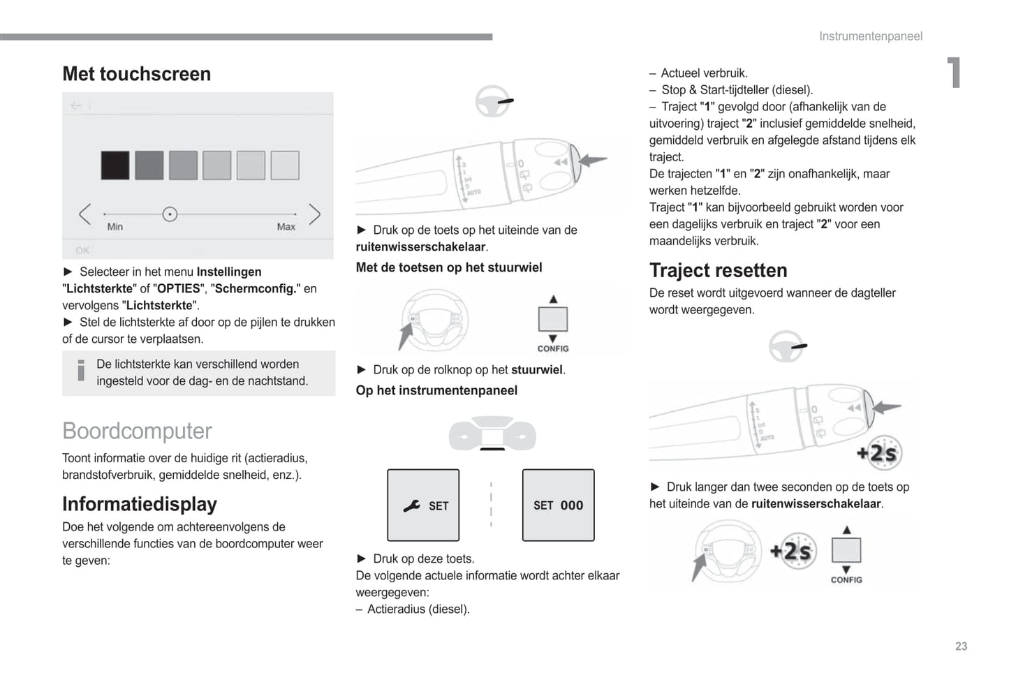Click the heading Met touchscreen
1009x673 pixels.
coord(136,74)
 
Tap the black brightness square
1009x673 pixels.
coord(115,165)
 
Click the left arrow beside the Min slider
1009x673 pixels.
coord(85,214)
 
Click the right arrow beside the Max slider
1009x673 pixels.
coord(314,214)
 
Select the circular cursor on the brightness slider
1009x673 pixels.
coord(170,214)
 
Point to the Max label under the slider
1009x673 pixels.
coord(286,227)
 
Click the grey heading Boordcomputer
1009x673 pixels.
coord(137,431)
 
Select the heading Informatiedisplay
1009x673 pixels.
coord(140,504)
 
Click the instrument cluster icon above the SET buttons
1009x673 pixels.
coord(492,434)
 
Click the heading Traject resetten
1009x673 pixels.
coord(718,270)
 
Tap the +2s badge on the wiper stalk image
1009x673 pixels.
coord(880,453)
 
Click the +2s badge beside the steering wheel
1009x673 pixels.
coord(793,551)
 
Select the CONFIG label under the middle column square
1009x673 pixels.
coord(552,348)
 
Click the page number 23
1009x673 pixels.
coord(961,646)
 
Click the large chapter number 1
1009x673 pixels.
coord(954,73)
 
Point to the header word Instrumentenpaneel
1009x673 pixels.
coord(870,36)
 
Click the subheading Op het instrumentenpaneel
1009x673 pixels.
coord(436,390)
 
